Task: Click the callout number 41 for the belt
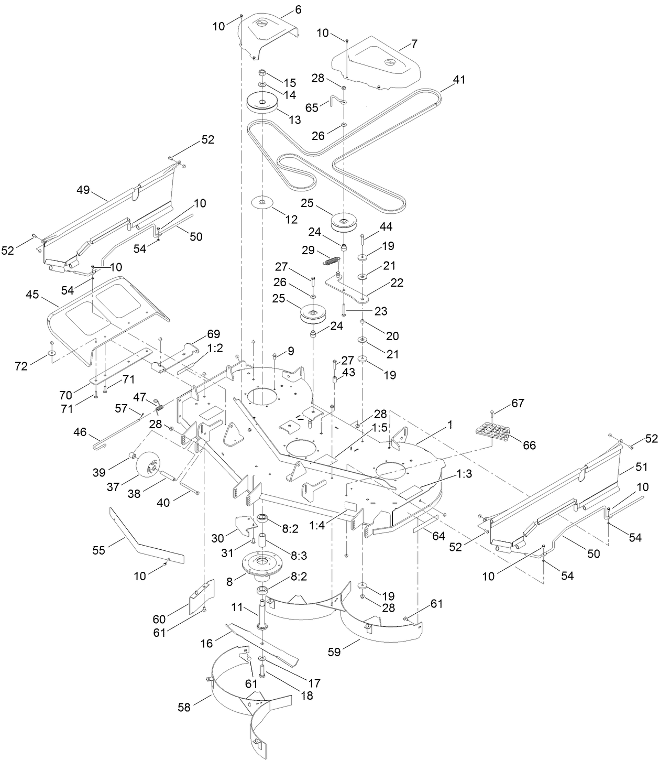459,80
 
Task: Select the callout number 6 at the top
298,9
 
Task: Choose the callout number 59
334,652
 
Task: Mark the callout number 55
98,550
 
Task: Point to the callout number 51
642,466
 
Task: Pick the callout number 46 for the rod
80,432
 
